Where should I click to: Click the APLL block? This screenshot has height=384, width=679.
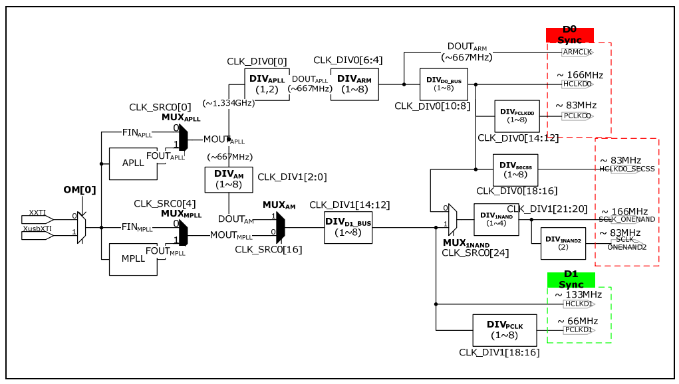132,163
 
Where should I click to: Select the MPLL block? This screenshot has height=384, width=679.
132,258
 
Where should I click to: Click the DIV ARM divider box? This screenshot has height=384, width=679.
354,84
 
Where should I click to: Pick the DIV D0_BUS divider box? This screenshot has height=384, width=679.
444,84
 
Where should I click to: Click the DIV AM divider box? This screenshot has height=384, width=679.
229,179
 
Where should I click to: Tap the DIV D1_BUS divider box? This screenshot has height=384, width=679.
348,227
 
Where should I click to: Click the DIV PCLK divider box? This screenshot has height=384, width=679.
504,330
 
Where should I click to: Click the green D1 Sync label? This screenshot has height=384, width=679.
571,280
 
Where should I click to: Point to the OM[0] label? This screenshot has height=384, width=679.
80,190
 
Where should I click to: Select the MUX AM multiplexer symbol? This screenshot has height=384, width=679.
280,227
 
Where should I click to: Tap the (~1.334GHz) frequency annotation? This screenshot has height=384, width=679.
228,103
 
